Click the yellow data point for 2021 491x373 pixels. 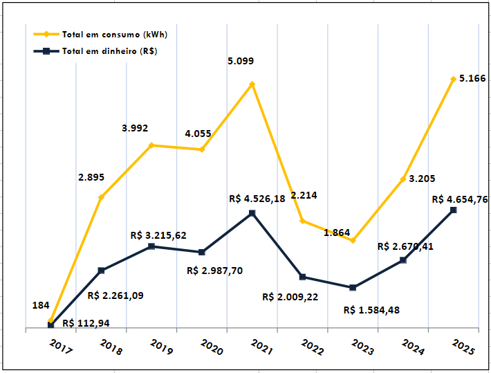pos(252,84)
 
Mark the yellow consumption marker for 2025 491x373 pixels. pos(454,79)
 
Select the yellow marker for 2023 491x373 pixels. pos(353,241)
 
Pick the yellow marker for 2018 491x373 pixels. pos(101,197)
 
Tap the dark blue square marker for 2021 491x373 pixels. pos(252,212)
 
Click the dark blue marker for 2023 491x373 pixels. pos(353,288)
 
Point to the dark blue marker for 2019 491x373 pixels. pos(151,246)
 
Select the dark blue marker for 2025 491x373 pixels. pos(454,210)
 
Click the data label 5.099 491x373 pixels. pos(241,61)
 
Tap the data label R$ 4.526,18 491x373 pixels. pos(262,199)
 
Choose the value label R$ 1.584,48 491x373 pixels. pos(371,309)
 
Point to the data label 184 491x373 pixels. pos(41,305)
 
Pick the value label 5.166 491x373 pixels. pos(472,79)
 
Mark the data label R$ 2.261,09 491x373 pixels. pos(116,295)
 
